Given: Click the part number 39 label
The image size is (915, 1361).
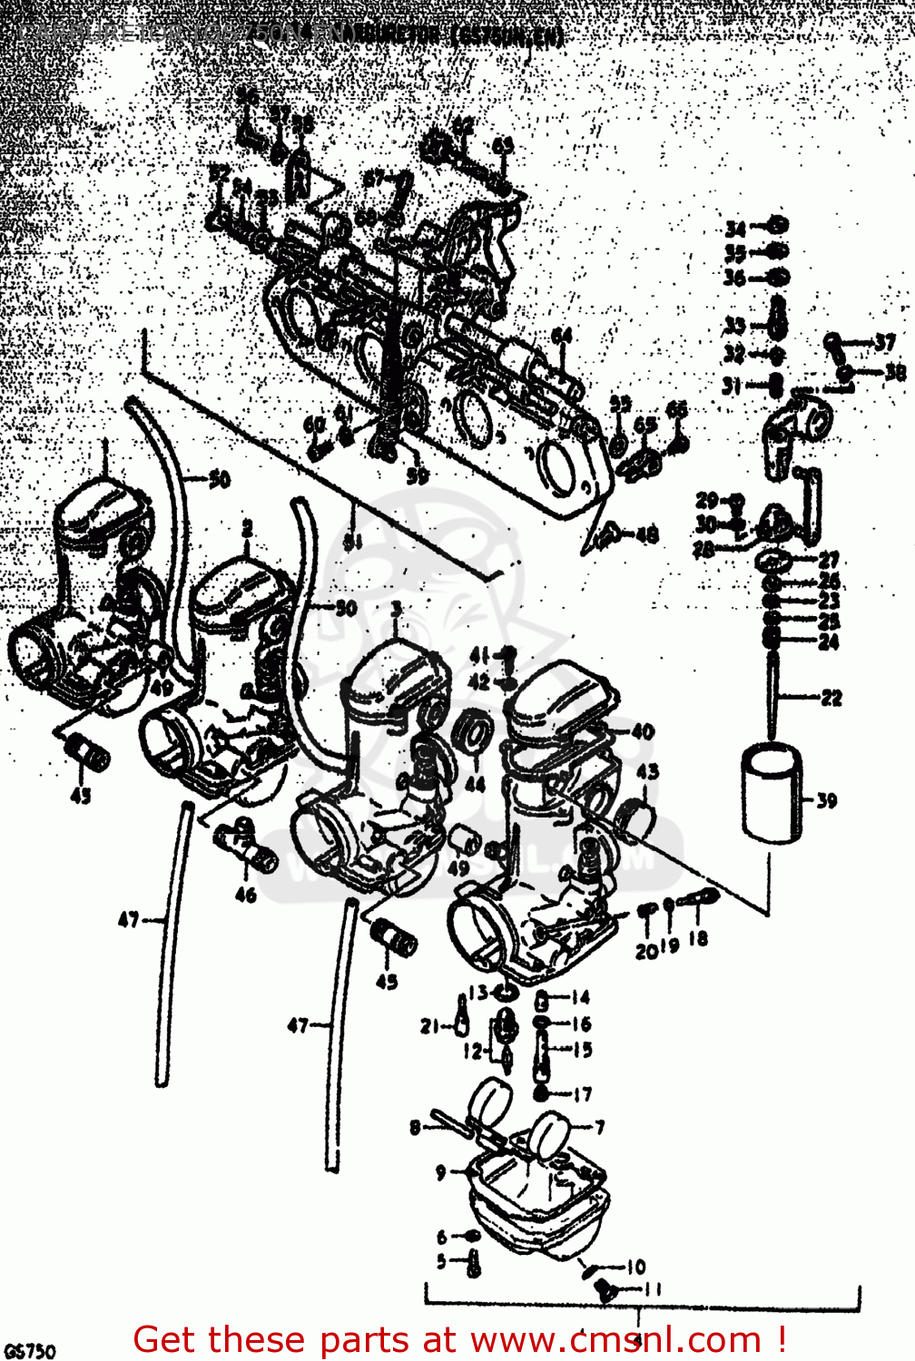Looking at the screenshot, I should pos(825,801).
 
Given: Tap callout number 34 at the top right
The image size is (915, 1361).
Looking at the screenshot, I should pos(734,229).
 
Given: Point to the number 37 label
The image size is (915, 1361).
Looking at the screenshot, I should pos(884,342).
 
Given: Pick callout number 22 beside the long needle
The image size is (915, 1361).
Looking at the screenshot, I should pos(831,698).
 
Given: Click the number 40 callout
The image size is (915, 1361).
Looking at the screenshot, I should pos(642,731).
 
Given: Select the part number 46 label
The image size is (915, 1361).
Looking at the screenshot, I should pos(245,895).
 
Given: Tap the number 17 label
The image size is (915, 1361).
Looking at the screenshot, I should pos(582,1094).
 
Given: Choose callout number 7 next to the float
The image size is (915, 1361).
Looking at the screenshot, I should pos(599,1127).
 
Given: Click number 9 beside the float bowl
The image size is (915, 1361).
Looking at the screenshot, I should pos(441,1172).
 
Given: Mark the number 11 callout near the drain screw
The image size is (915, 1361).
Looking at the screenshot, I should pos(653,1288).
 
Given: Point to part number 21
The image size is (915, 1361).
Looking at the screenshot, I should pos(429,1026).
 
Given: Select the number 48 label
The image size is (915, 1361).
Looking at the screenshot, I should pos(646,535).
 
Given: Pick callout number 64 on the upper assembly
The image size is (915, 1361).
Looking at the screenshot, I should pos(562,337).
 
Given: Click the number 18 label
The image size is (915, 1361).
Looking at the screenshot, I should pos(697,938).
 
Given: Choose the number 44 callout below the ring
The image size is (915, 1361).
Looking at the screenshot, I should pos(475,784).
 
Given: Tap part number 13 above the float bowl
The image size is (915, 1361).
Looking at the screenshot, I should pos(478,993).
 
